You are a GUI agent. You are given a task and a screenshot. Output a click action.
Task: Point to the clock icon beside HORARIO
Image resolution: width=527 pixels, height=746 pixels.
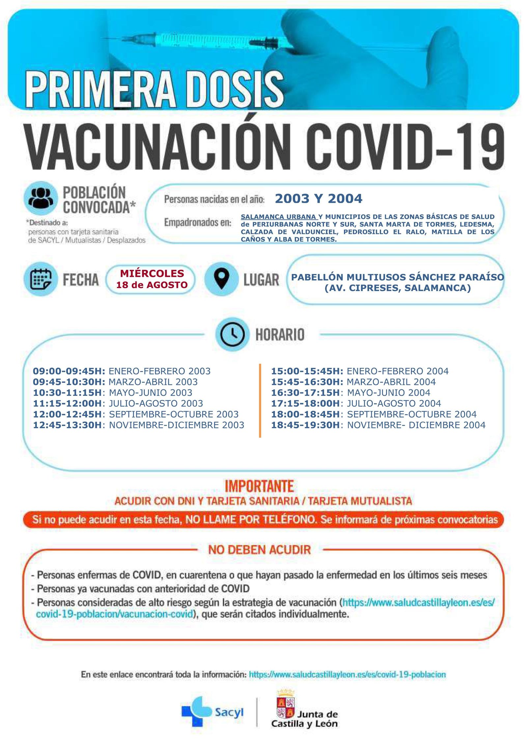[232, 335]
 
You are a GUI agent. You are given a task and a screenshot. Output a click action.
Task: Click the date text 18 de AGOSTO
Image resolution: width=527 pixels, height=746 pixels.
[152, 285]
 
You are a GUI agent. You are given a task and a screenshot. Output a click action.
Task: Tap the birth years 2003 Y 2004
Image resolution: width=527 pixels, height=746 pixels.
[318, 198]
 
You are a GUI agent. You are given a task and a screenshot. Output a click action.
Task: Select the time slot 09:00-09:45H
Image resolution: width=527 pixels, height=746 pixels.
[69, 371]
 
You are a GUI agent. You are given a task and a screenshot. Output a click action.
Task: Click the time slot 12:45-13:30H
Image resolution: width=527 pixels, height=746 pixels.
[68, 425]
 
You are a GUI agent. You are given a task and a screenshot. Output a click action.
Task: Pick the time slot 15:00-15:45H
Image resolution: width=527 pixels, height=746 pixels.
[307, 371]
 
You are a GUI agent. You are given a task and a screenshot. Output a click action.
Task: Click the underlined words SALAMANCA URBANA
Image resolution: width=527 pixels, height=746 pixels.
[279, 217]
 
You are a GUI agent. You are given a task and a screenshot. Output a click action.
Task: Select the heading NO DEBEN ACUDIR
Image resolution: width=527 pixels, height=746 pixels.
[260, 550]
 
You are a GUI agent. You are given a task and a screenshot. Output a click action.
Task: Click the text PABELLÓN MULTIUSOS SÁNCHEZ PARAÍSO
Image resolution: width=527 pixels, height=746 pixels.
[397, 277]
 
